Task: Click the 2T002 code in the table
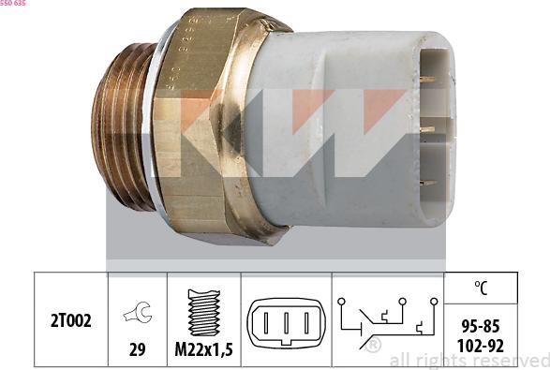pyautogui.click(x=71, y=320)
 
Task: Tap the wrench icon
pyautogui.click(x=138, y=315)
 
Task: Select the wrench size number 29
pyautogui.click(x=138, y=348)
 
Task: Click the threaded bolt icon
pyautogui.click(x=203, y=312)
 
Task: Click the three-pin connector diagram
pyautogui.click(x=285, y=322)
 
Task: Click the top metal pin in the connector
pyautogui.click(x=427, y=80)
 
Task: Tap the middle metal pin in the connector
pyautogui.click(x=427, y=129)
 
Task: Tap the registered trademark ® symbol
pyautogui.click(x=373, y=346)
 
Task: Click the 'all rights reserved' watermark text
pyautogui.click(x=468, y=361)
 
